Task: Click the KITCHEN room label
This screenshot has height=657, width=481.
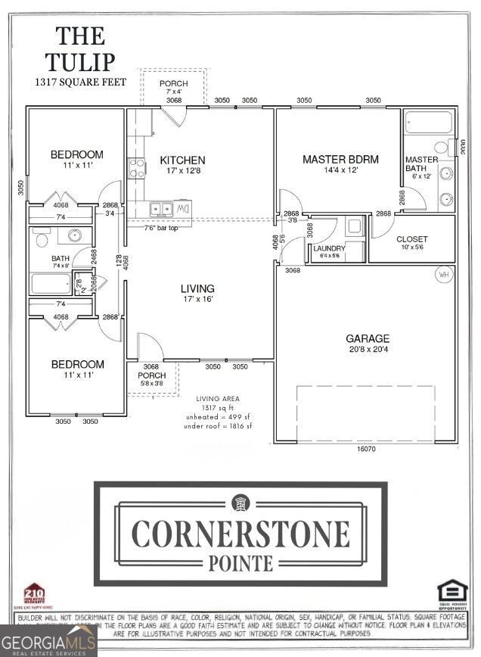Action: click(x=182, y=160)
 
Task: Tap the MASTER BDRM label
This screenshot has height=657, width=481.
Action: click(x=340, y=160)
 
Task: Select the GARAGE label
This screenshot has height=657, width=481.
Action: click(x=368, y=339)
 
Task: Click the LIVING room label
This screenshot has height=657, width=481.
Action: click(x=197, y=288)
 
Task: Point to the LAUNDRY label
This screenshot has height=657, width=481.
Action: click(x=330, y=248)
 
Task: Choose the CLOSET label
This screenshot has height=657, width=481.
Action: click(x=412, y=239)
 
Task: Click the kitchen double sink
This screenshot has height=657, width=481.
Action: click(x=161, y=208)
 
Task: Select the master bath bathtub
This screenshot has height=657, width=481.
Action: click(x=429, y=123)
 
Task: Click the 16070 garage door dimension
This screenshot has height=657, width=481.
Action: click(x=368, y=449)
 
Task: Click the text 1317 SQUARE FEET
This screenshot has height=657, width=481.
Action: click(x=80, y=82)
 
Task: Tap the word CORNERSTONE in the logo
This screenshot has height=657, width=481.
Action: click(x=240, y=534)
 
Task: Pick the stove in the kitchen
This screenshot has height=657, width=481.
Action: click(x=136, y=168)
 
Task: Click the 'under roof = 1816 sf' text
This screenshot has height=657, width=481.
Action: click(x=219, y=426)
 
